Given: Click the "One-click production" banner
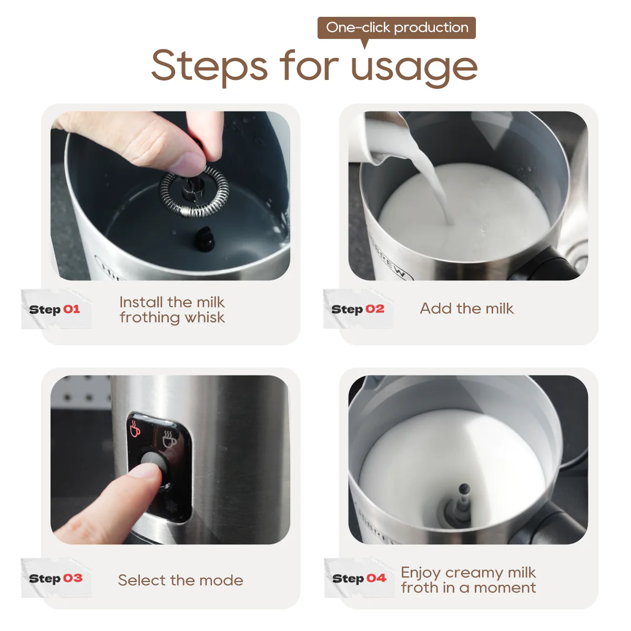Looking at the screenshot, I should point(396,27).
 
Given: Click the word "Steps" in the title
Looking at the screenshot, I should point(209,66).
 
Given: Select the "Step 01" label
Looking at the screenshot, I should point(55,309).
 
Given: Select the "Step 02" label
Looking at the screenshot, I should point(358,309).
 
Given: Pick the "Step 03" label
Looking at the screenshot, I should point(56,578).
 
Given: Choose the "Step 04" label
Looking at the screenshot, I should point(359,578).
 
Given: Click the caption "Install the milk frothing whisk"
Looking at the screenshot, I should point(172,310).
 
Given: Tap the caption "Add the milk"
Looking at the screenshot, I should point(466,309).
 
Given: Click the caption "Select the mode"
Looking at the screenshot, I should point(180,580).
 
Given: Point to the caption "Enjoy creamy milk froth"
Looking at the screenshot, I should point(468,579).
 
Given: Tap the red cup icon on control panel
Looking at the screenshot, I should point(135,429).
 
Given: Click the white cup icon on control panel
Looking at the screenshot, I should point(169,439).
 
